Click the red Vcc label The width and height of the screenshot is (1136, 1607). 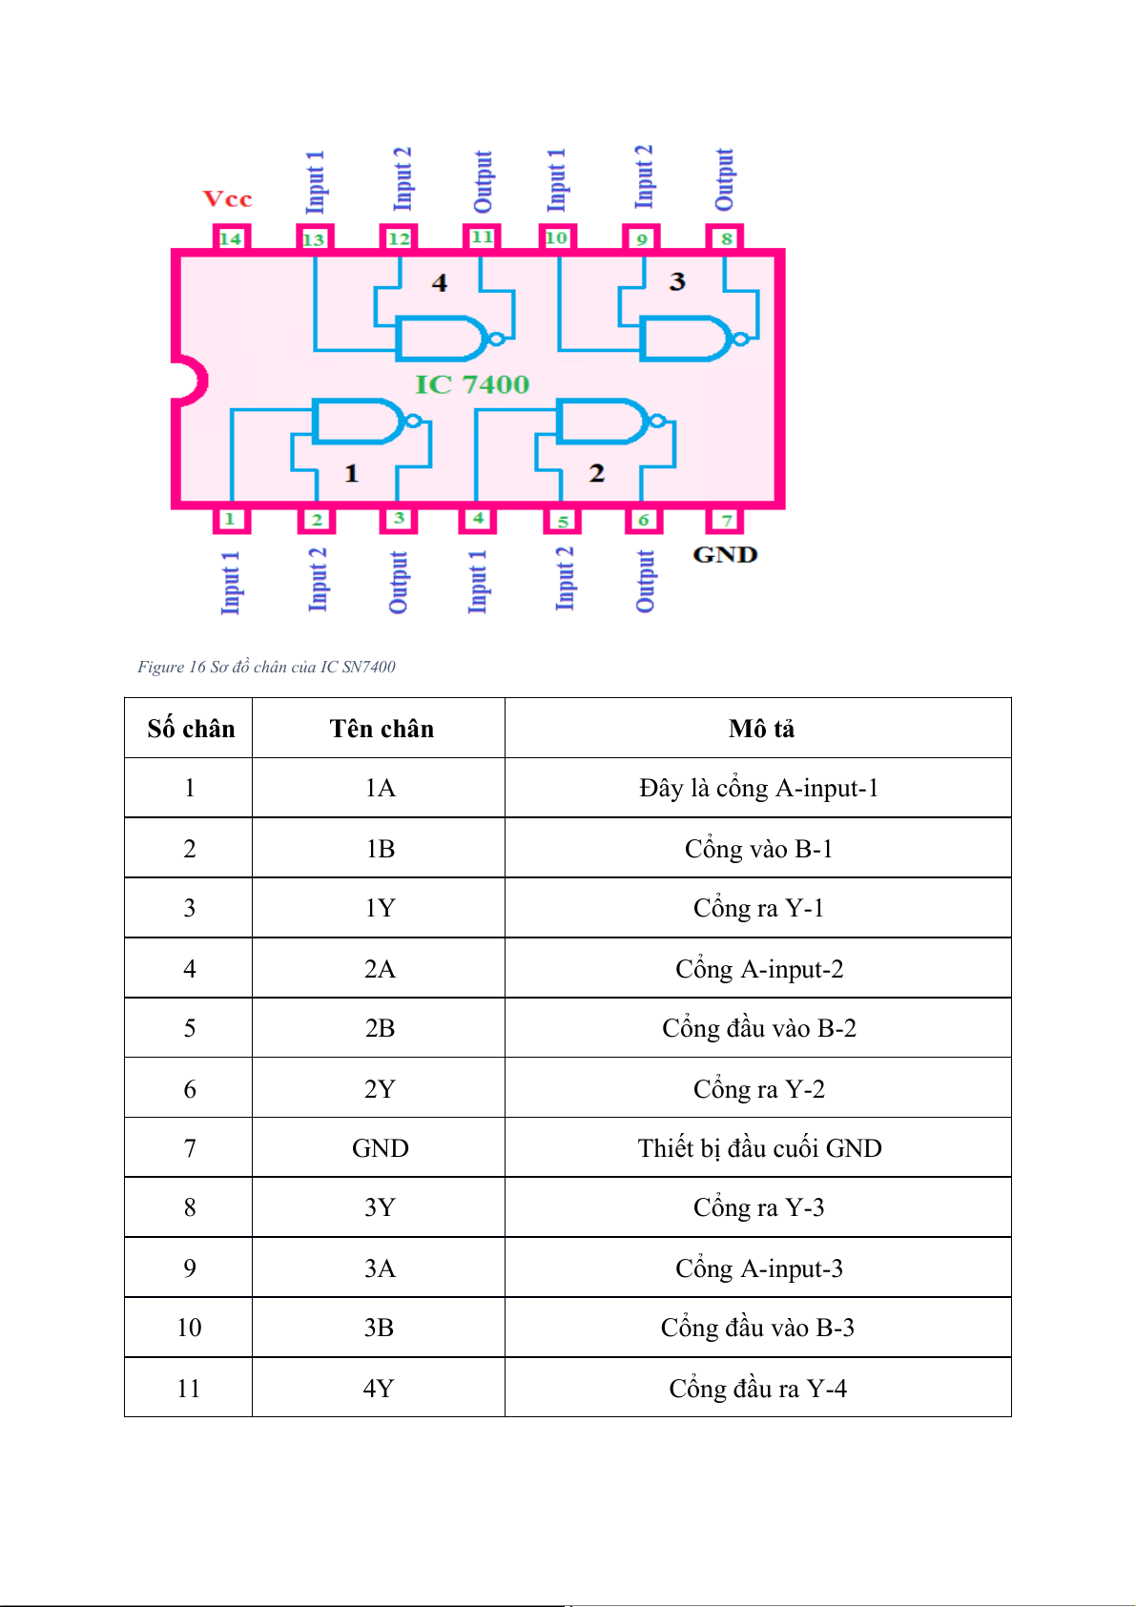click(228, 198)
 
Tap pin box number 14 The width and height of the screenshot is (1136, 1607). click(231, 237)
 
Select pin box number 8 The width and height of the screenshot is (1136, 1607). click(725, 237)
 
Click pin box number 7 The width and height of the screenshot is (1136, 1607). click(725, 520)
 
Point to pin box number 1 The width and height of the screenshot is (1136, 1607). click(231, 520)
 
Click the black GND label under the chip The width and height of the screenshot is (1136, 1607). click(725, 554)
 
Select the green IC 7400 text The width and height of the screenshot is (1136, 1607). click(472, 384)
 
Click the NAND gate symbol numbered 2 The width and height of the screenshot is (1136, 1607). click(610, 422)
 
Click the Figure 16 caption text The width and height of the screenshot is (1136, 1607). click(266, 667)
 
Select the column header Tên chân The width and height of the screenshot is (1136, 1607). click(382, 729)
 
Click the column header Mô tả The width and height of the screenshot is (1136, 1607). click(761, 729)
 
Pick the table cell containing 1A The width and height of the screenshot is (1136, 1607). click(380, 788)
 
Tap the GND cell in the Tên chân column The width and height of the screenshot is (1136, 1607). click(380, 1148)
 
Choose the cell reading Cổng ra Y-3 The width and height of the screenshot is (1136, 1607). click(758, 1207)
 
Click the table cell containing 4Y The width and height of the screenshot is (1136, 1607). click(379, 1389)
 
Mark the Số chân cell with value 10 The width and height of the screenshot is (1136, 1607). click(189, 1328)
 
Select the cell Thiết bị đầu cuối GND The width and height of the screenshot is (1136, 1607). click(759, 1148)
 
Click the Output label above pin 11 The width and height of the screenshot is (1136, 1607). click(483, 181)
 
